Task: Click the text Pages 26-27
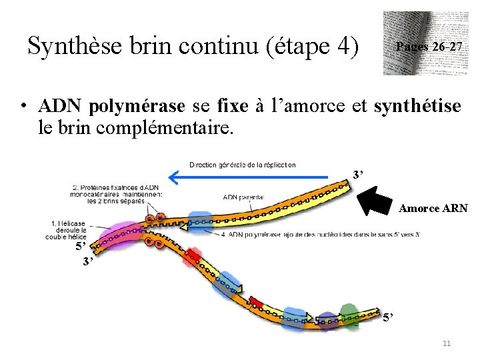(428, 47)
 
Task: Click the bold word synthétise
(417, 106)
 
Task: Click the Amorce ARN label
(433, 209)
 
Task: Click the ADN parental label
(243, 197)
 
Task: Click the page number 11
(447, 343)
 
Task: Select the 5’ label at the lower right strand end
(389, 316)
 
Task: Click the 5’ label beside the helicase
(81, 245)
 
